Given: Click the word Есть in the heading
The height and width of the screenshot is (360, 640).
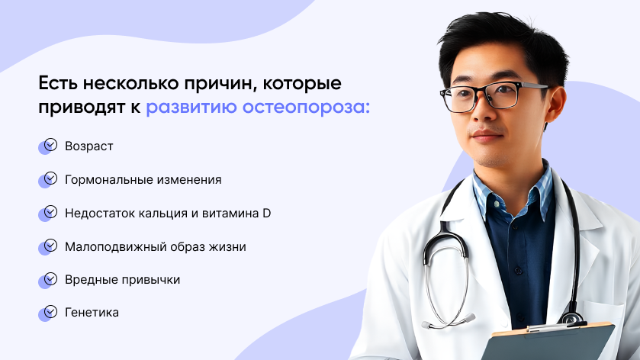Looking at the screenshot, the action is (57, 83).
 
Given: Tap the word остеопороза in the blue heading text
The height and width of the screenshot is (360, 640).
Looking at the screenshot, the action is (306, 107).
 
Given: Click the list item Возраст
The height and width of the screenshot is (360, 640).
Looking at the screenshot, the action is (89, 146).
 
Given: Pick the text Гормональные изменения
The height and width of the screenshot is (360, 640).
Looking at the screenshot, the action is (143, 179).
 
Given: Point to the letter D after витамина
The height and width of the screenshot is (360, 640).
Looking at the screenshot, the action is (266, 213).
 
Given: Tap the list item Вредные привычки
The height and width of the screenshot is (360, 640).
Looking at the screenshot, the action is (123, 280).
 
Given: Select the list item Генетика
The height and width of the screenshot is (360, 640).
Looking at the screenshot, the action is (92, 312).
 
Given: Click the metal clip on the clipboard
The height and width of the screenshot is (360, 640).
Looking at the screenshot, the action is (556, 327).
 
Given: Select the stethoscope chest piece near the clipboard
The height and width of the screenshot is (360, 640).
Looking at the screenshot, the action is (571, 317).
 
